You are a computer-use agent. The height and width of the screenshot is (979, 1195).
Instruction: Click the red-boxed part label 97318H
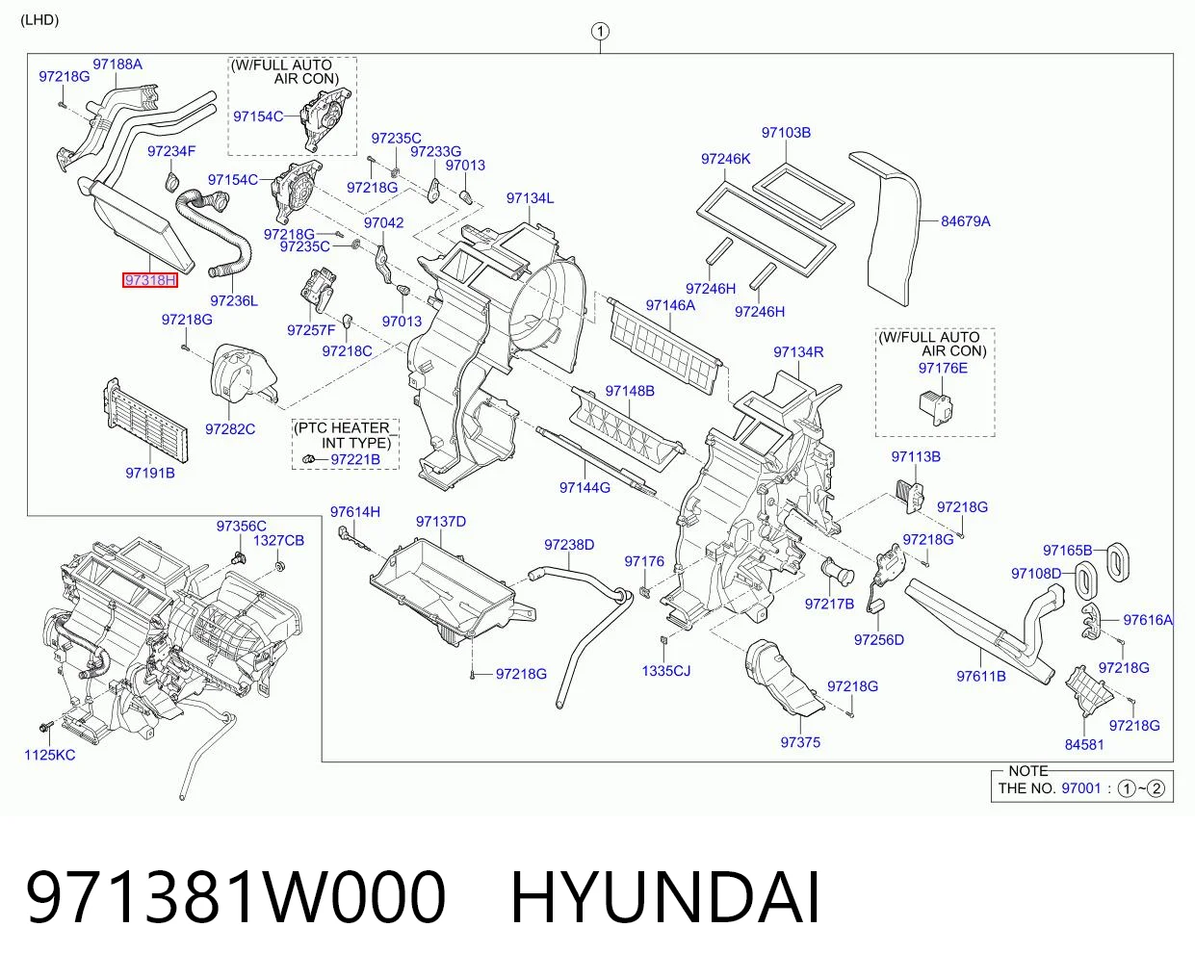150,280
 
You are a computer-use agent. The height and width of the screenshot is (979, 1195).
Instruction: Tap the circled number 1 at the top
600,31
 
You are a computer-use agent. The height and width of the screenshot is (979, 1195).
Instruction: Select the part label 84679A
966,221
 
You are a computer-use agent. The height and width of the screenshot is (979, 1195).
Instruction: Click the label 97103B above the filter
786,132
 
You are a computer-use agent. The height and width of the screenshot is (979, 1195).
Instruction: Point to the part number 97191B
150,473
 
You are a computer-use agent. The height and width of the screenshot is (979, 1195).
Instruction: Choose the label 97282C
230,429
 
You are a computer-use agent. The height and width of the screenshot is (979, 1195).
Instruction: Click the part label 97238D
569,545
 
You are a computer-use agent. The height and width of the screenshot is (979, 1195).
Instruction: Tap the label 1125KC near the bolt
50,755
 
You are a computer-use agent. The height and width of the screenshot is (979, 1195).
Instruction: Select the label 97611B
981,676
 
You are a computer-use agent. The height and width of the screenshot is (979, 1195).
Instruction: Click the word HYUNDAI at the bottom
665,898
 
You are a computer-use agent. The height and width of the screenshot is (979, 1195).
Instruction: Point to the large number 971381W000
236,898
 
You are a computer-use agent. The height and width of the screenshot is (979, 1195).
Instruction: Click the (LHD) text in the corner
39,20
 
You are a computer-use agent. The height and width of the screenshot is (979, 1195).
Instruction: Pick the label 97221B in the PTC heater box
355,459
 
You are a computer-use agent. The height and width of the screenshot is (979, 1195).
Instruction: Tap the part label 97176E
943,368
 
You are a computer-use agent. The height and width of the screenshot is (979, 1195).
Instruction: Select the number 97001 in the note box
1081,788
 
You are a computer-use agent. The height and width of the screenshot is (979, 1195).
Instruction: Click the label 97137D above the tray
441,521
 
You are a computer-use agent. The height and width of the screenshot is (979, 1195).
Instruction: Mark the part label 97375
800,742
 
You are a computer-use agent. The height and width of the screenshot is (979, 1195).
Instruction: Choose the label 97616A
1148,620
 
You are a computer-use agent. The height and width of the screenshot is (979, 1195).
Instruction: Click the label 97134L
530,197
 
